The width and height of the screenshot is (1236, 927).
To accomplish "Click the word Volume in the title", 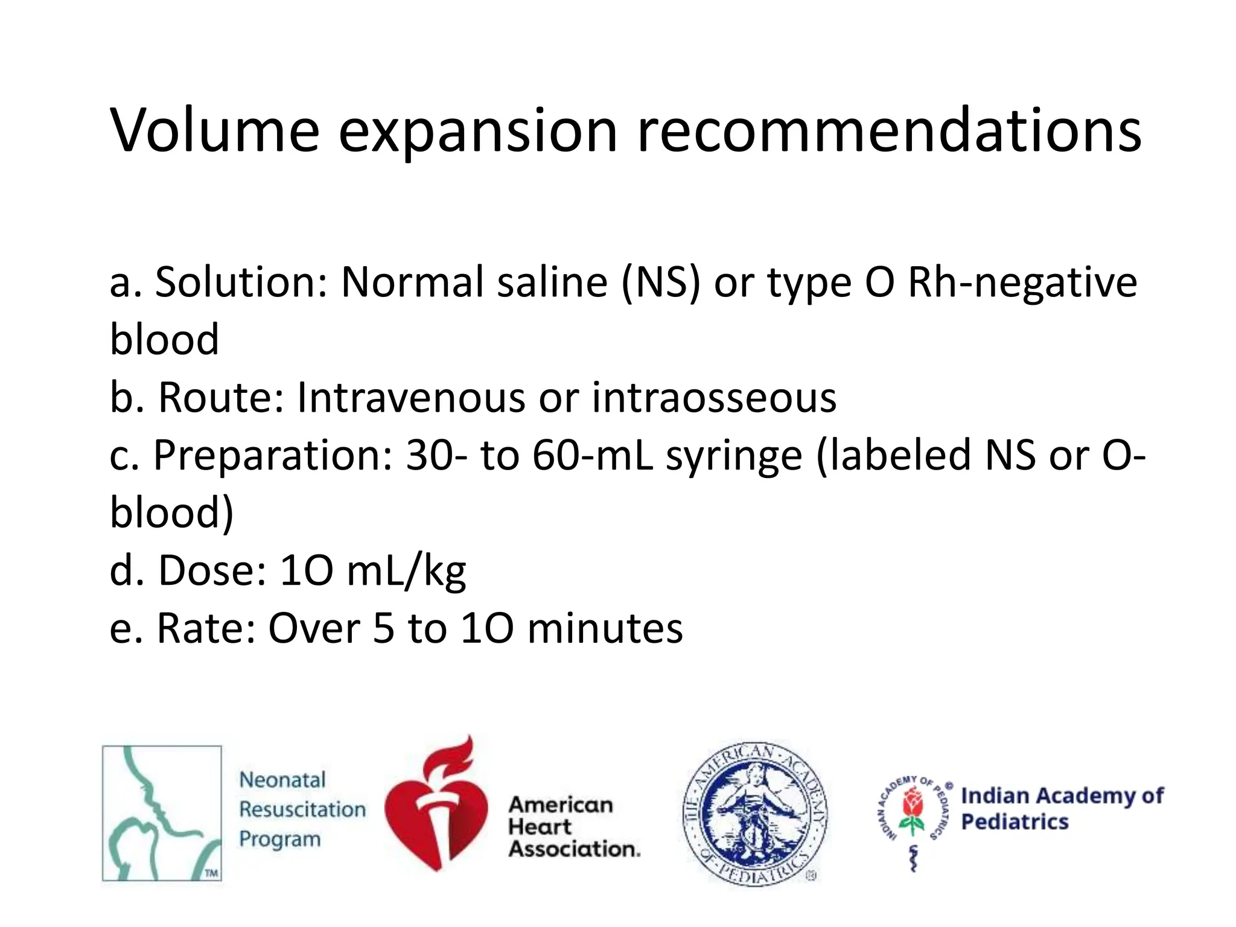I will pyautogui.click(x=214, y=130).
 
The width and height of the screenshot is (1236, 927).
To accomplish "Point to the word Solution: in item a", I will pyautogui.click(x=241, y=282).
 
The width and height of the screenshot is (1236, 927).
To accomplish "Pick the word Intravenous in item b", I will pyautogui.click(x=411, y=398).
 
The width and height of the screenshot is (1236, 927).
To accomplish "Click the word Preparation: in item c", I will pyautogui.click(x=272, y=456).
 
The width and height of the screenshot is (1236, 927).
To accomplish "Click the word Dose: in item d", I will pyautogui.click(x=212, y=570).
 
